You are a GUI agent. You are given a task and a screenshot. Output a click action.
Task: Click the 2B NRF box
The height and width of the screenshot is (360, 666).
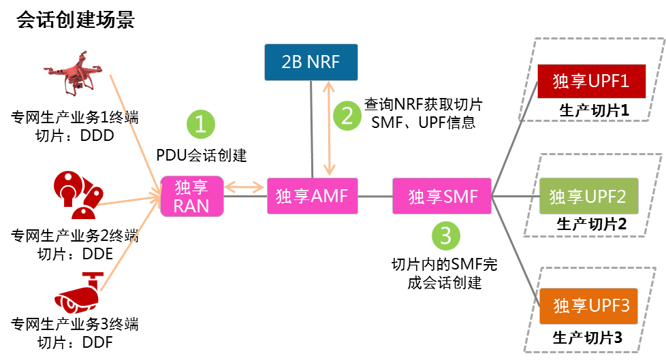click(311, 62)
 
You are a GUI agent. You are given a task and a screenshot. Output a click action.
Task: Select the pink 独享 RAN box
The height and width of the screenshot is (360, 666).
click(192, 196)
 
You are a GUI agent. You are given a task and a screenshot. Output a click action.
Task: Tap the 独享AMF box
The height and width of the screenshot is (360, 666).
click(312, 196)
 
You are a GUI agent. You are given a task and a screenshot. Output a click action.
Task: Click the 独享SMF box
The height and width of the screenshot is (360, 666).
click(443, 197)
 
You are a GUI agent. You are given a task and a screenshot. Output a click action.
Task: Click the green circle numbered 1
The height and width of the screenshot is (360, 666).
click(201, 124)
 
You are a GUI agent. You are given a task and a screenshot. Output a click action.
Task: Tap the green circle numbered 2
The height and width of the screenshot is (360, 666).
click(347, 116)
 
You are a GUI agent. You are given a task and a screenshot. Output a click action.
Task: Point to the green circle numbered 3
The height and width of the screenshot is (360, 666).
click(446, 236)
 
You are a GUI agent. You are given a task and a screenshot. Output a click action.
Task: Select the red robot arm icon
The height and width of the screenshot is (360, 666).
click(77, 195)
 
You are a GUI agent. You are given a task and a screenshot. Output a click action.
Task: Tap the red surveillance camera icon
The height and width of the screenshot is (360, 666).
click(78, 294)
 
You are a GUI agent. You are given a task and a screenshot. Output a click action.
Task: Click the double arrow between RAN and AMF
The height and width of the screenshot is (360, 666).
click(244, 186)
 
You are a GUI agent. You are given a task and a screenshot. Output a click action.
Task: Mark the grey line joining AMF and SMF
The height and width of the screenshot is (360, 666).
click(375, 197)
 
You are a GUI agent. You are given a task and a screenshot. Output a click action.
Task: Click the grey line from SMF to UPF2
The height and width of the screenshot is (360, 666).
click(516, 197)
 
